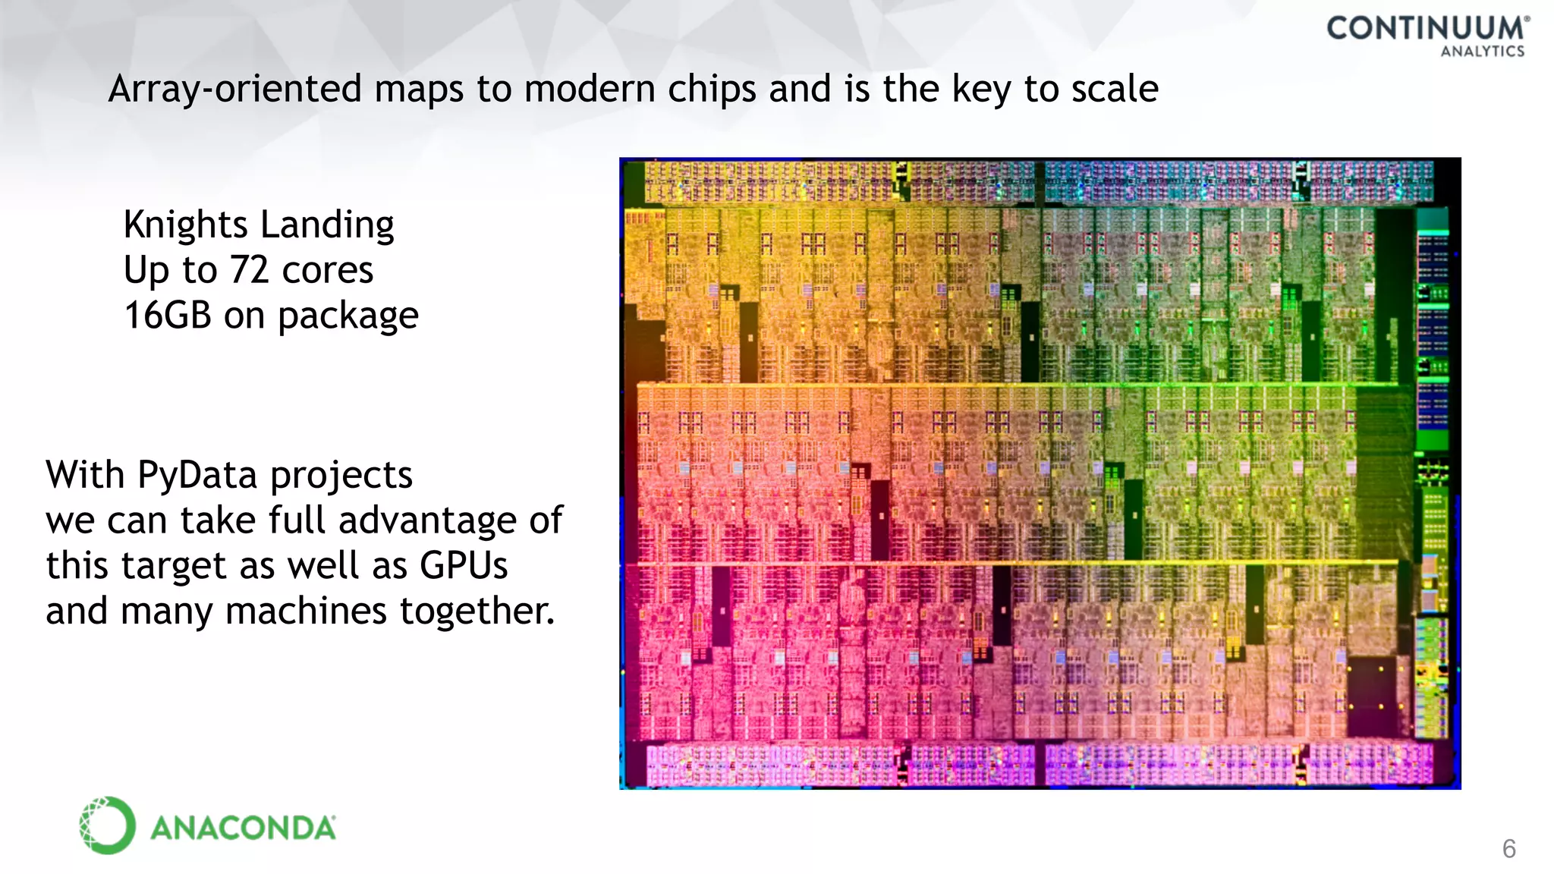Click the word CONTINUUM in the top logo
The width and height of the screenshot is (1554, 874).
point(1426,28)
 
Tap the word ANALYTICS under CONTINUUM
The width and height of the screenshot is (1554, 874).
point(1483,52)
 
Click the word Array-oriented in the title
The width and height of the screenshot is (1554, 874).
point(235,90)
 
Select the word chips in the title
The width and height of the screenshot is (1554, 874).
point(712,90)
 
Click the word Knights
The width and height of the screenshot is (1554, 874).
point(186,225)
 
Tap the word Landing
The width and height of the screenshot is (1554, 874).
point(327,225)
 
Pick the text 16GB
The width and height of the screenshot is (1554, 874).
point(168,315)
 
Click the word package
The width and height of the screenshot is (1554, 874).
point(348,316)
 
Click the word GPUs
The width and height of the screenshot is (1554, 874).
point(464,566)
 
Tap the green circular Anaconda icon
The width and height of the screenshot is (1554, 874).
point(108,825)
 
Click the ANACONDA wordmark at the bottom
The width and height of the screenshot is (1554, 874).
point(243,828)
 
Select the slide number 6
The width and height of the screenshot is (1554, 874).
point(1508,849)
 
